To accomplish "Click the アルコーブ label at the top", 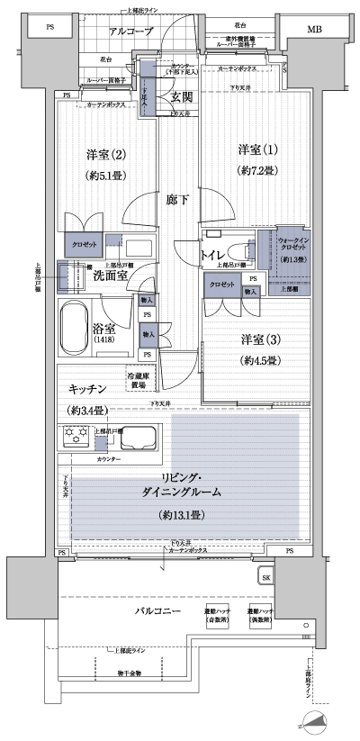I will [x=130, y=32].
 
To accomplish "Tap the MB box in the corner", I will [x=313, y=29].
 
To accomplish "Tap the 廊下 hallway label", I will [x=176, y=200].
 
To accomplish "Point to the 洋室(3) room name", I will [x=257, y=339].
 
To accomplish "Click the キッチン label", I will [x=90, y=387].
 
